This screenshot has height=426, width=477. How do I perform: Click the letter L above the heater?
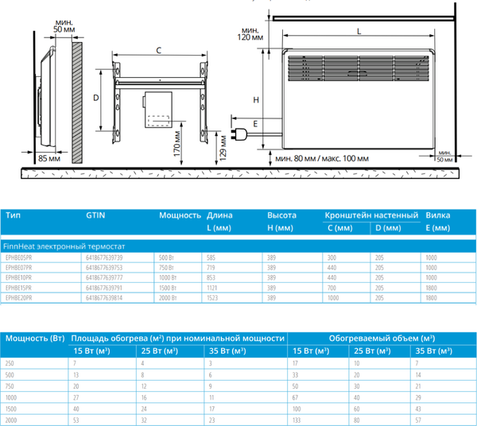(x=359, y=32)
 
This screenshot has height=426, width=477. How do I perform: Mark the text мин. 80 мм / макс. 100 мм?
(x=322, y=158)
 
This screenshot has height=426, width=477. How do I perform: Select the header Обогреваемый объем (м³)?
(x=382, y=338)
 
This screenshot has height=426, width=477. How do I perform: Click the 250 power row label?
(x=11, y=362)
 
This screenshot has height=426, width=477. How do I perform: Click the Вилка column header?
(x=438, y=215)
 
